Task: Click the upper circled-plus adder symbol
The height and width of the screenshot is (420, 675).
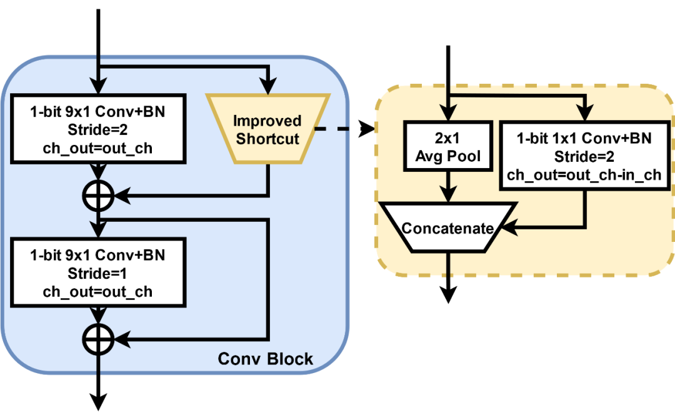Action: [x=98, y=196]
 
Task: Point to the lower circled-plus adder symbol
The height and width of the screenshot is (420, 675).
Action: [x=98, y=339]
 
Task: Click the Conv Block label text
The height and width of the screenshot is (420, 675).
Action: [x=265, y=359]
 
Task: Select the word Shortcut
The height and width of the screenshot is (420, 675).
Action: [x=267, y=139]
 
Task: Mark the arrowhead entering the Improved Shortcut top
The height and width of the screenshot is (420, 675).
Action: [x=268, y=88]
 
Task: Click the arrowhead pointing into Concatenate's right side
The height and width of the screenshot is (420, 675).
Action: [x=509, y=227]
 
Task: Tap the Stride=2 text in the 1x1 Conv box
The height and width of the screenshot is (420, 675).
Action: [x=586, y=156]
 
